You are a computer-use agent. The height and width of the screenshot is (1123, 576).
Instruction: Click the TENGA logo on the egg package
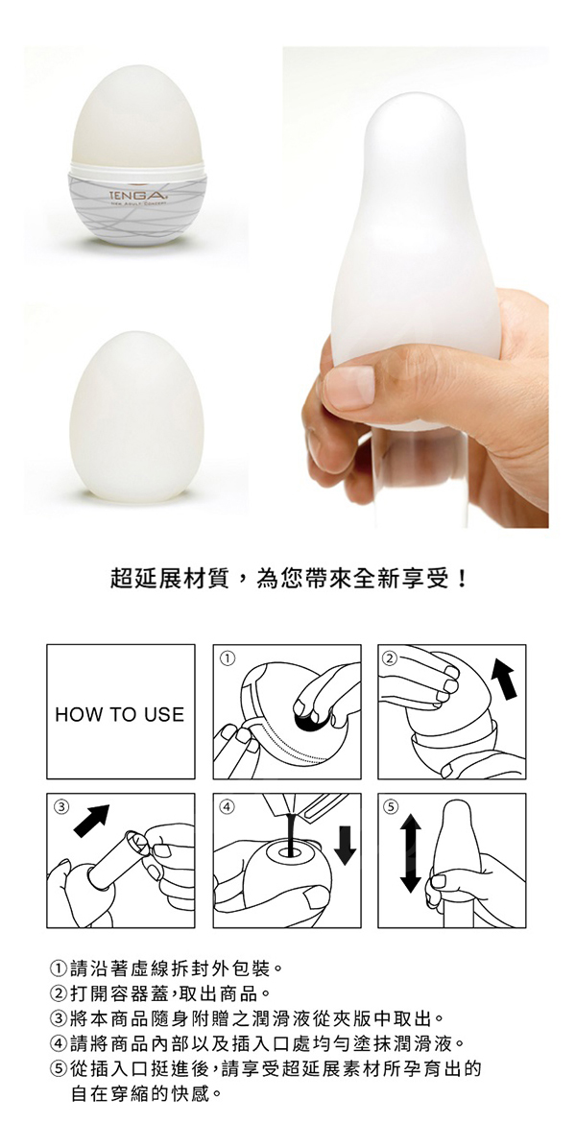click(x=133, y=194)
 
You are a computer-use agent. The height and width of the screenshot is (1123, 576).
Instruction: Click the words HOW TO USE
click(x=120, y=714)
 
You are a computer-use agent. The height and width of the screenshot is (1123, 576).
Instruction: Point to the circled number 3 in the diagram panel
click(x=61, y=805)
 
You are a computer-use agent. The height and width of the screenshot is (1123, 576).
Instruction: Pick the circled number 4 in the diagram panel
click(x=227, y=805)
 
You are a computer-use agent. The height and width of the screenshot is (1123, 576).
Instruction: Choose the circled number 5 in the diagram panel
click(x=391, y=805)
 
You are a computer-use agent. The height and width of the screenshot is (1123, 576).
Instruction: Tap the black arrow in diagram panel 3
click(x=92, y=821)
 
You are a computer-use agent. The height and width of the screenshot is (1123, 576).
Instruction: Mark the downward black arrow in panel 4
click(x=346, y=845)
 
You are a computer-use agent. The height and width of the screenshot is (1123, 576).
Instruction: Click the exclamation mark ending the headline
click(x=462, y=578)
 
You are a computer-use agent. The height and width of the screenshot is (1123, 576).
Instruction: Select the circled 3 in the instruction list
click(x=60, y=1017)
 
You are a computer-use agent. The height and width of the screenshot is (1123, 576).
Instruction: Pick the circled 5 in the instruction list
click(x=60, y=1070)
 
